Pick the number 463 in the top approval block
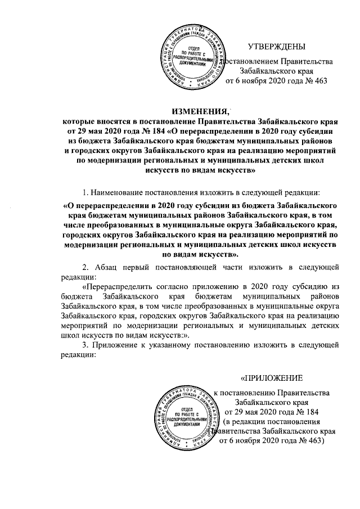(318, 82)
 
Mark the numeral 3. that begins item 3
(86, 345)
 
